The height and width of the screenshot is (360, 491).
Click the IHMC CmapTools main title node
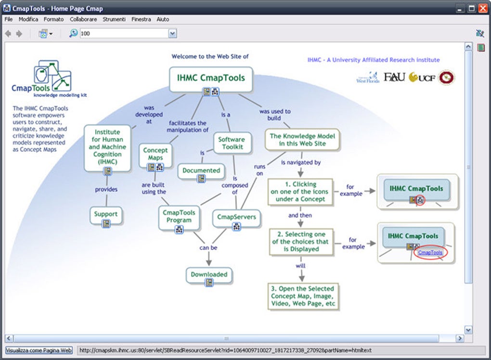211,78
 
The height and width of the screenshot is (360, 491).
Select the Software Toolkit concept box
232,143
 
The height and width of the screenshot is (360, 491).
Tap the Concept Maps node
155,154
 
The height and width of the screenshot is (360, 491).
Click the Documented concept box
201,170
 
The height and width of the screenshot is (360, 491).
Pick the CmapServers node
236,217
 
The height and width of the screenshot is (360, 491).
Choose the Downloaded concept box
209,274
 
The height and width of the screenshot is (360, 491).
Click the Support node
106,214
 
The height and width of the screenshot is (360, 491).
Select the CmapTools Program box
179,216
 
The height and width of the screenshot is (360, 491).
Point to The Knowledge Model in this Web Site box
302,140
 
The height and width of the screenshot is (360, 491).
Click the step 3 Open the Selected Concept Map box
302,296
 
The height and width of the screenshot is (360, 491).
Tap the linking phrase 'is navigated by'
301,163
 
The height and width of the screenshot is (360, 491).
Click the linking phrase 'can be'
208,248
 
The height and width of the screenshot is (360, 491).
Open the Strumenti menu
114,19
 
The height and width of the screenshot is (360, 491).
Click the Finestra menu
141,19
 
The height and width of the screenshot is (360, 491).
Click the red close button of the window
483,8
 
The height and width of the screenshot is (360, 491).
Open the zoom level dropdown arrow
172,34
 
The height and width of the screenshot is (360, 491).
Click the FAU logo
394,77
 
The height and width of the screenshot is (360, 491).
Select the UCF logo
422,77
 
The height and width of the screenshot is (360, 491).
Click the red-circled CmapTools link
430,252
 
